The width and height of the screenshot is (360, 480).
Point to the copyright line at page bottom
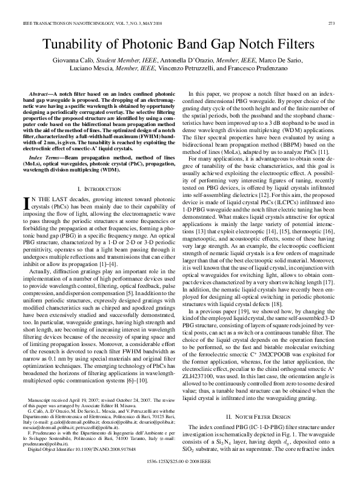(180, 461)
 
